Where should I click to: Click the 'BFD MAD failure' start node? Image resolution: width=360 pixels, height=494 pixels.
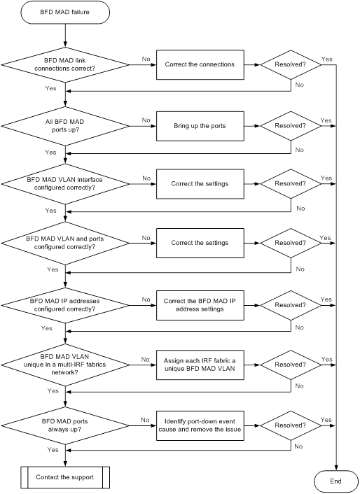(x=65, y=12)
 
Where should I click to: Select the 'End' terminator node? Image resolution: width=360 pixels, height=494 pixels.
(x=336, y=481)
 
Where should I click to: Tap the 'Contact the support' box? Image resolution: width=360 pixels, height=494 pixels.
(x=65, y=477)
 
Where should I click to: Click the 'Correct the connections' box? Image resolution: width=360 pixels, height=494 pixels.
(x=200, y=64)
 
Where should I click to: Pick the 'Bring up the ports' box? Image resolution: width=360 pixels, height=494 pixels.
(x=200, y=126)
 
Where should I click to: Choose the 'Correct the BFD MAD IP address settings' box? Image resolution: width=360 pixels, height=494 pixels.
(x=200, y=305)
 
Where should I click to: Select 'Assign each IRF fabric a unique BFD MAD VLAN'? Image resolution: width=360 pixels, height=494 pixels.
(x=200, y=365)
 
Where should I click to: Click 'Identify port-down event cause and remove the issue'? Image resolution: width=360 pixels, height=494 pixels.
(x=200, y=425)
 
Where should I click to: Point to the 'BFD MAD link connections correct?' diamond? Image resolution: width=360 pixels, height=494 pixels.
(x=65, y=65)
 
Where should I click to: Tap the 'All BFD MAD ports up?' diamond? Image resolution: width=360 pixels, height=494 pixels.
(x=65, y=126)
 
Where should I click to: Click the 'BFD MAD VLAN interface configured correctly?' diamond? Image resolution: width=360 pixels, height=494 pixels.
(x=65, y=184)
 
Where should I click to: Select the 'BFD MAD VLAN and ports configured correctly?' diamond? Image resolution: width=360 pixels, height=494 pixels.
(x=65, y=244)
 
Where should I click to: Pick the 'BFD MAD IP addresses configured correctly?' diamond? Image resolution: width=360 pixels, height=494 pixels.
(x=65, y=305)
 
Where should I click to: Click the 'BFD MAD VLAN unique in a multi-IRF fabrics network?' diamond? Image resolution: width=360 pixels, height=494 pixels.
(x=65, y=365)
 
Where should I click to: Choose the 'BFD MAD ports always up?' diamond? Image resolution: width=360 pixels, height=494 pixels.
(x=65, y=425)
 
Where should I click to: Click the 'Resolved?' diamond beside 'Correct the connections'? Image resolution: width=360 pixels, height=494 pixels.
(x=291, y=64)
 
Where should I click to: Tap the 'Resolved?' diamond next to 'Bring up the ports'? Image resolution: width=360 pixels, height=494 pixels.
(x=291, y=126)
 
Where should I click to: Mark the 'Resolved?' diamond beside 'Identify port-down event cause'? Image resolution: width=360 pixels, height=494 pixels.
(x=291, y=425)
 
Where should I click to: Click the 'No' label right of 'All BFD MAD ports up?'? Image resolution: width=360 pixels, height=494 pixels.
(x=146, y=120)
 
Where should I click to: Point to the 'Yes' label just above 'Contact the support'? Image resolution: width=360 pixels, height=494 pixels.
(x=53, y=450)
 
